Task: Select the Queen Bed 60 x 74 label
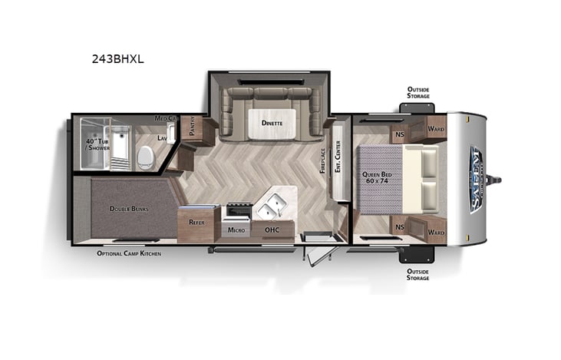coord(377,180)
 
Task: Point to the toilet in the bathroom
coord(145,158)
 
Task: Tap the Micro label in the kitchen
coord(235,229)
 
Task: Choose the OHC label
coord(273,229)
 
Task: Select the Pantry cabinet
coord(193,130)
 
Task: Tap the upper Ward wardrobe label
coord(436,128)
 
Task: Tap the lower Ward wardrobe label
coord(436,231)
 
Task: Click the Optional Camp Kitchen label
coord(129,253)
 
